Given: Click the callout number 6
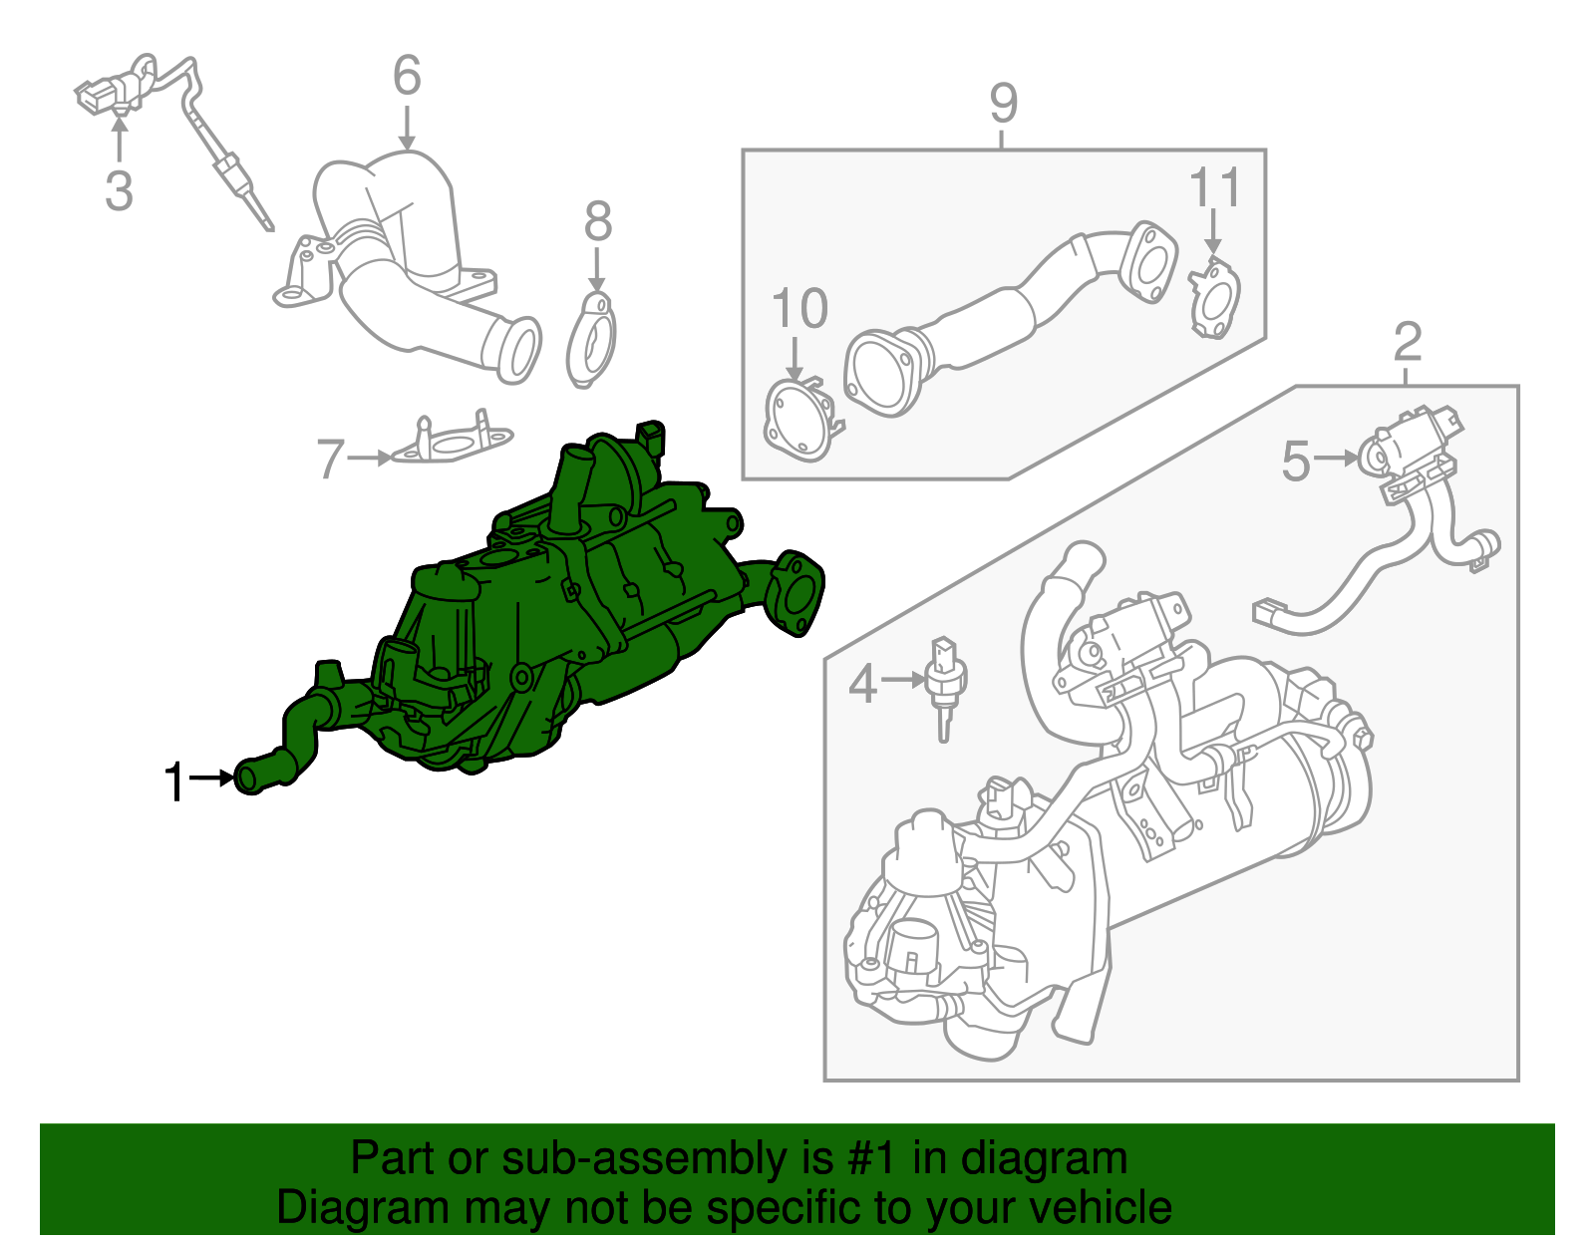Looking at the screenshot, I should tap(407, 77).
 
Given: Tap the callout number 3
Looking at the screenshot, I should tap(119, 190).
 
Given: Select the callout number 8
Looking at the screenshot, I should tap(597, 222).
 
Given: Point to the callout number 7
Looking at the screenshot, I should tap(331, 460).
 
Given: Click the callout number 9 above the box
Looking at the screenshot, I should tap(1003, 104).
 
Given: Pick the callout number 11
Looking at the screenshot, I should tap(1215, 188).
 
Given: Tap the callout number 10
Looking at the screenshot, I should tap(799, 309).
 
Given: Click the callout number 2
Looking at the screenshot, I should tap(1407, 343).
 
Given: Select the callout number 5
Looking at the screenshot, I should tap(1295, 463).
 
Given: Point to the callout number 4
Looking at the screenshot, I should tap(862, 685).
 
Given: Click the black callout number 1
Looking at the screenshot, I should tap(174, 782).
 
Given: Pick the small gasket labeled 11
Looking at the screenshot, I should tap(1213, 297).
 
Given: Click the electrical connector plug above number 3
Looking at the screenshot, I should tap(100, 97).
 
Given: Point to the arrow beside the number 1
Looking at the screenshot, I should tap(211, 778).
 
